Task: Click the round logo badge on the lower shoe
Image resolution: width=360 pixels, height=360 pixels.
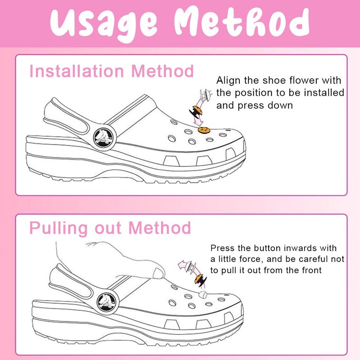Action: pos(107,300)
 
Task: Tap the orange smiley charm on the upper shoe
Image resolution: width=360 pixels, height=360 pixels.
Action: pos(203,130)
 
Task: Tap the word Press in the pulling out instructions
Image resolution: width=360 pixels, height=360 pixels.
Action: pos(221,248)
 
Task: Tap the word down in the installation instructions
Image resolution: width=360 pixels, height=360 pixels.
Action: pos(282,106)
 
